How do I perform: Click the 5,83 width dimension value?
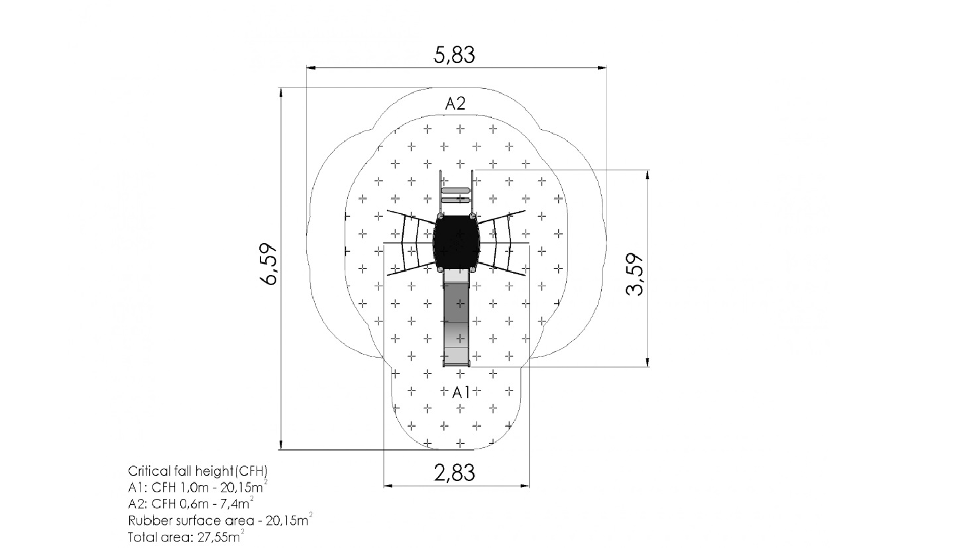point(454,55)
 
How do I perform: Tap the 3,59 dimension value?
point(635,274)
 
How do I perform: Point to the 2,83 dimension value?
point(454,472)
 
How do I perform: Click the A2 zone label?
point(455,103)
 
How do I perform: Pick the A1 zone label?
point(461,393)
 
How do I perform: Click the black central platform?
point(457,243)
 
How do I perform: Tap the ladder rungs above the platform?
point(455,195)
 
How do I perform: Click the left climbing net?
point(410,243)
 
